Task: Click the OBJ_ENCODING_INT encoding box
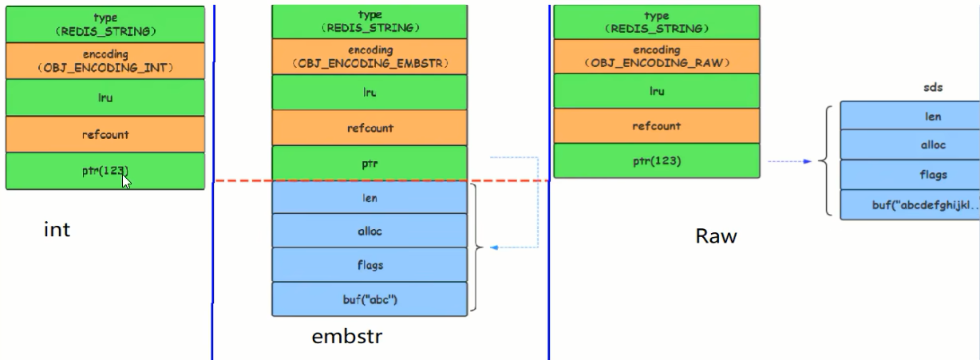(x=105, y=61)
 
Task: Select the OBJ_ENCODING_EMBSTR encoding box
(x=369, y=57)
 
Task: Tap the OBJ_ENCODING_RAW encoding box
(x=657, y=57)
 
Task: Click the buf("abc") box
(x=369, y=299)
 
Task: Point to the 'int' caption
(x=57, y=229)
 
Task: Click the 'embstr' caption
(x=347, y=336)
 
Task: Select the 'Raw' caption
(x=716, y=236)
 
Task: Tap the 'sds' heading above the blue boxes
(x=933, y=88)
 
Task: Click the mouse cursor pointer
(x=126, y=181)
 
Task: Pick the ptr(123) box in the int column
(x=105, y=171)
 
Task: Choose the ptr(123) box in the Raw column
(x=657, y=160)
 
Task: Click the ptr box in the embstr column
(x=369, y=163)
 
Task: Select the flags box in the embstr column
(x=369, y=265)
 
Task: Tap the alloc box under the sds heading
(x=910, y=144)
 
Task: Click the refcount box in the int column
(x=105, y=134)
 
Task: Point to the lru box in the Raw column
(x=657, y=91)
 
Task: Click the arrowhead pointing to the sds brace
(x=807, y=161)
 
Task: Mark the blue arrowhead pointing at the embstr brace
(x=494, y=247)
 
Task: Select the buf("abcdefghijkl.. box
(x=910, y=204)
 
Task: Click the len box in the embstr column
(x=369, y=198)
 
